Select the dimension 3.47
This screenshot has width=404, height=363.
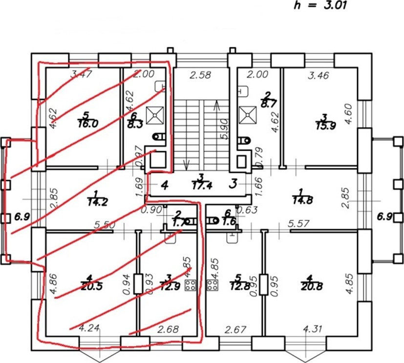[82, 75]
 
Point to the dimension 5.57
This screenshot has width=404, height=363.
[298, 223]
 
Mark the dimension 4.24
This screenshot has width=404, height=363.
[89, 328]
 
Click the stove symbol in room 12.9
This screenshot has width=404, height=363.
[190, 286]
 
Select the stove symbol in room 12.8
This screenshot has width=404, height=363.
[213, 285]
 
